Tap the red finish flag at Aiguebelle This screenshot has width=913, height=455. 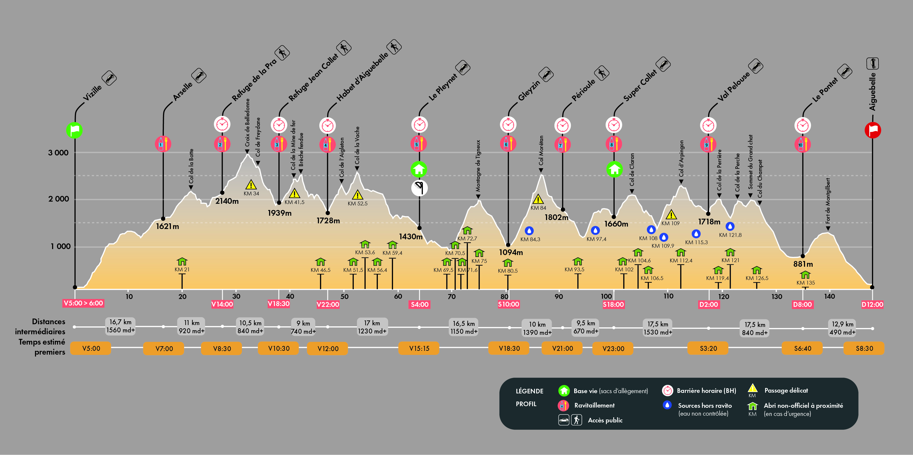point(873,130)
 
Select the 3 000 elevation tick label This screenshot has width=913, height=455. point(59,153)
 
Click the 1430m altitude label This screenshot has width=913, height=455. point(411,237)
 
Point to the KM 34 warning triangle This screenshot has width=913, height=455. point(251,185)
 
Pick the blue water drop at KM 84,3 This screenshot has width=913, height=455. point(529,231)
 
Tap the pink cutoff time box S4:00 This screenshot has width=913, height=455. point(420,304)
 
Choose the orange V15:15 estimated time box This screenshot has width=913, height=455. point(419,348)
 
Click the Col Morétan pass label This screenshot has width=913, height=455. point(541,151)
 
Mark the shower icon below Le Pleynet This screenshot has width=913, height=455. point(419,188)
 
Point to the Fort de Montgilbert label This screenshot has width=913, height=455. point(828,201)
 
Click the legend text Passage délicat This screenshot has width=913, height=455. point(786,390)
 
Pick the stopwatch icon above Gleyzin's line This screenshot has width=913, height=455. point(508,125)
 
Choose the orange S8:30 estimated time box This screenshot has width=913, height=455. point(864,348)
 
